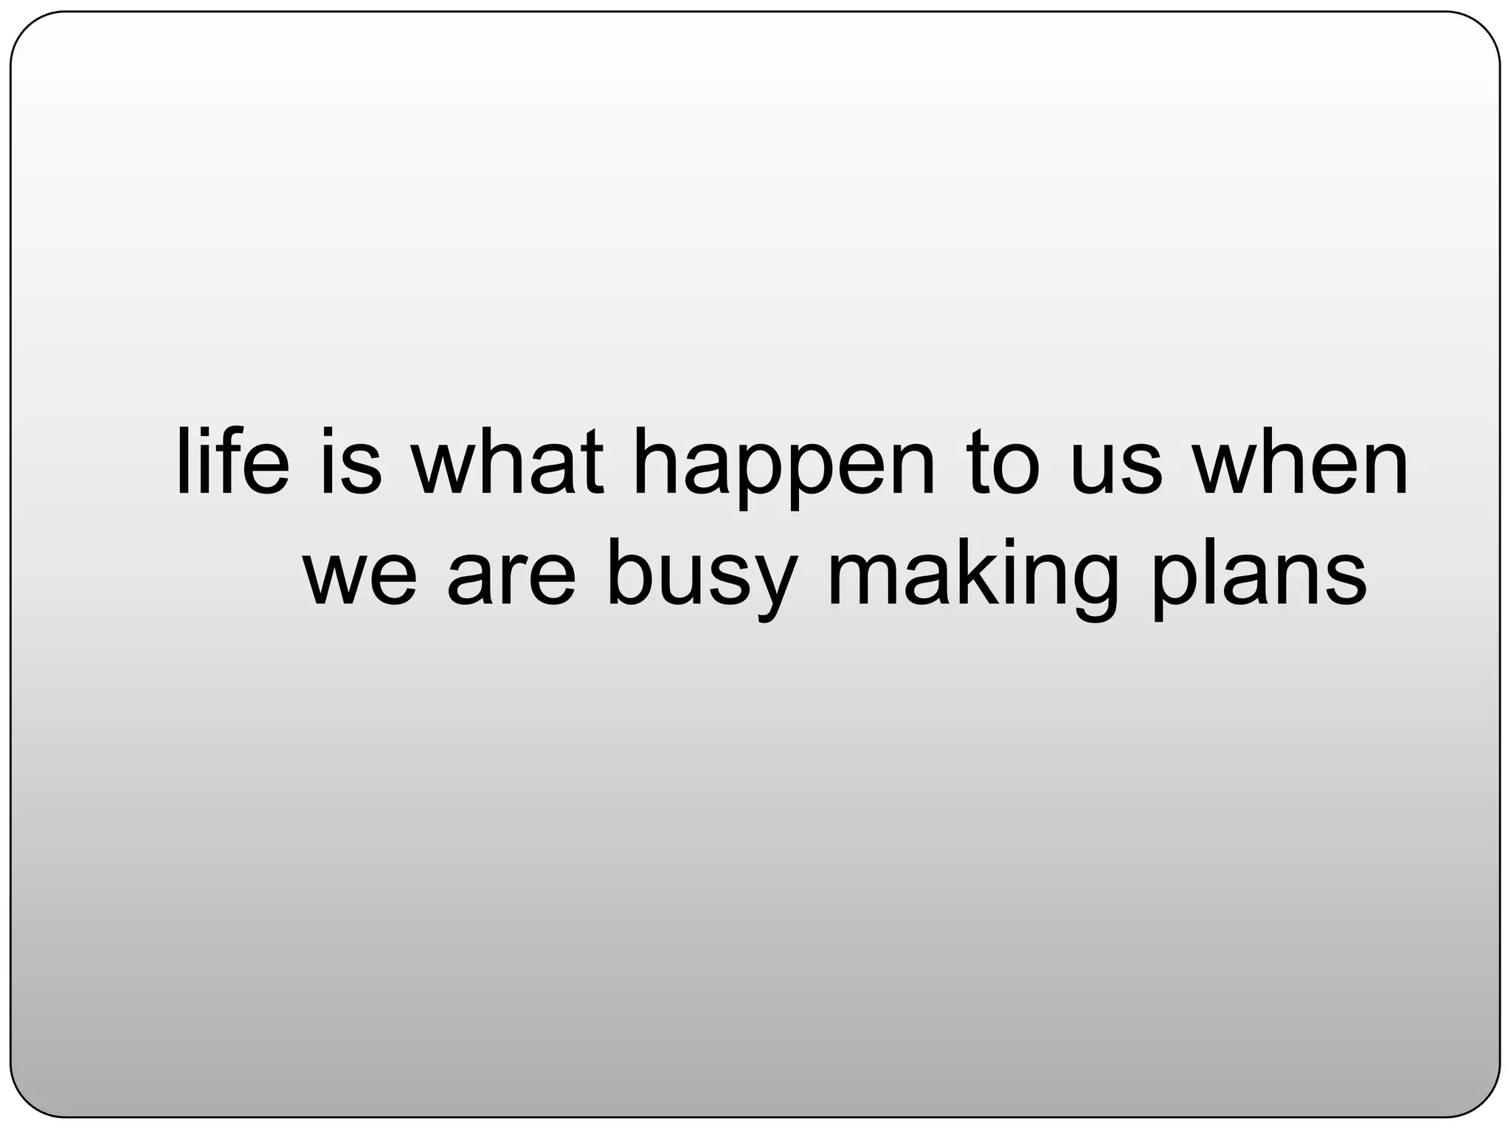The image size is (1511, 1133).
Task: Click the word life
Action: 233,462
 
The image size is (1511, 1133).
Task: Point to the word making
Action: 972,579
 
